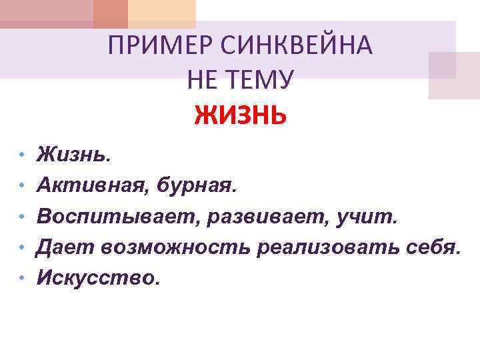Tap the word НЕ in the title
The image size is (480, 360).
click(x=202, y=81)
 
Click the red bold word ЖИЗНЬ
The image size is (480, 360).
click(x=241, y=116)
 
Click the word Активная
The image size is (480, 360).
click(x=94, y=185)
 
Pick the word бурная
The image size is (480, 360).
click(x=196, y=185)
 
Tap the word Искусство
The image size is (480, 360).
click(x=97, y=277)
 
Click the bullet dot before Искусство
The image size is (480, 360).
click(x=22, y=277)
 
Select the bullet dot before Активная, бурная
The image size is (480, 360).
click(x=22, y=185)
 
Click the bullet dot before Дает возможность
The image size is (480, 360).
click(x=22, y=247)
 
